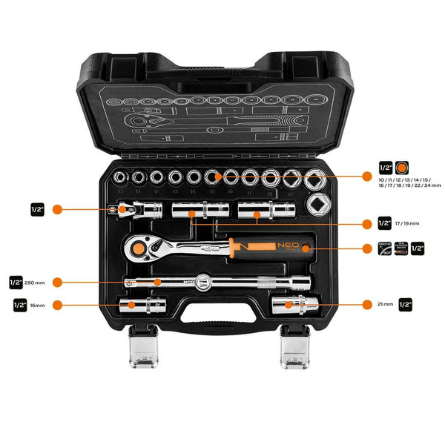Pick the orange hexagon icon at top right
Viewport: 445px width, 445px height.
click(x=403, y=168)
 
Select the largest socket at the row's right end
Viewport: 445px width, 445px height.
click(x=318, y=178)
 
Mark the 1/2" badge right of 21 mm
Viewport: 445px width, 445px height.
click(x=406, y=303)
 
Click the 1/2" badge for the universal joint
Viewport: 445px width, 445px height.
click(x=39, y=209)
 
